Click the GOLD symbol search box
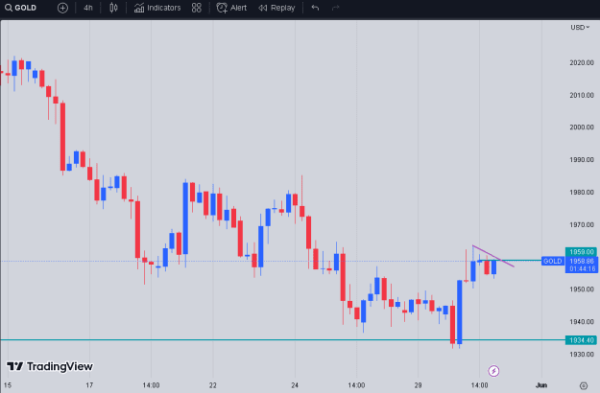pyautogui.click(x=21, y=8)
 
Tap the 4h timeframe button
pyautogui.click(x=88, y=8)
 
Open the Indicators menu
pyautogui.click(x=157, y=8)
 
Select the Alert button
pyautogui.click(x=231, y=8)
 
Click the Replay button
pyautogui.click(x=276, y=8)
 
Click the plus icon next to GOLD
pyautogui.click(x=62, y=8)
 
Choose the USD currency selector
pyautogui.click(x=580, y=28)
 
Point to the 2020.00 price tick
pyautogui.click(x=582, y=62)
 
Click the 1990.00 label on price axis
pyautogui.click(x=582, y=160)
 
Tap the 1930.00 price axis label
pyautogui.click(x=582, y=354)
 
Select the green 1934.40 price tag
pyautogui.click(x=581, y=340)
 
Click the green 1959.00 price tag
pyautogui.click(x=581, y=252)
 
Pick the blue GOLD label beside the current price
pyautogui.click(x=553, y=262)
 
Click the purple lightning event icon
pyautogui.click(x=493, y=370)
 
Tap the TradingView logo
pyautogui.click(x=50, y=367)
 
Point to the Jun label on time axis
pyautogui.click(x=541, y=385)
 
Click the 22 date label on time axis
pyautogui.click(x=213, y=385)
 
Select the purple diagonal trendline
pyautogui.click(x=493, y=256)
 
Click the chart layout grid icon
pyautogui.click(x=196, y=8)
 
